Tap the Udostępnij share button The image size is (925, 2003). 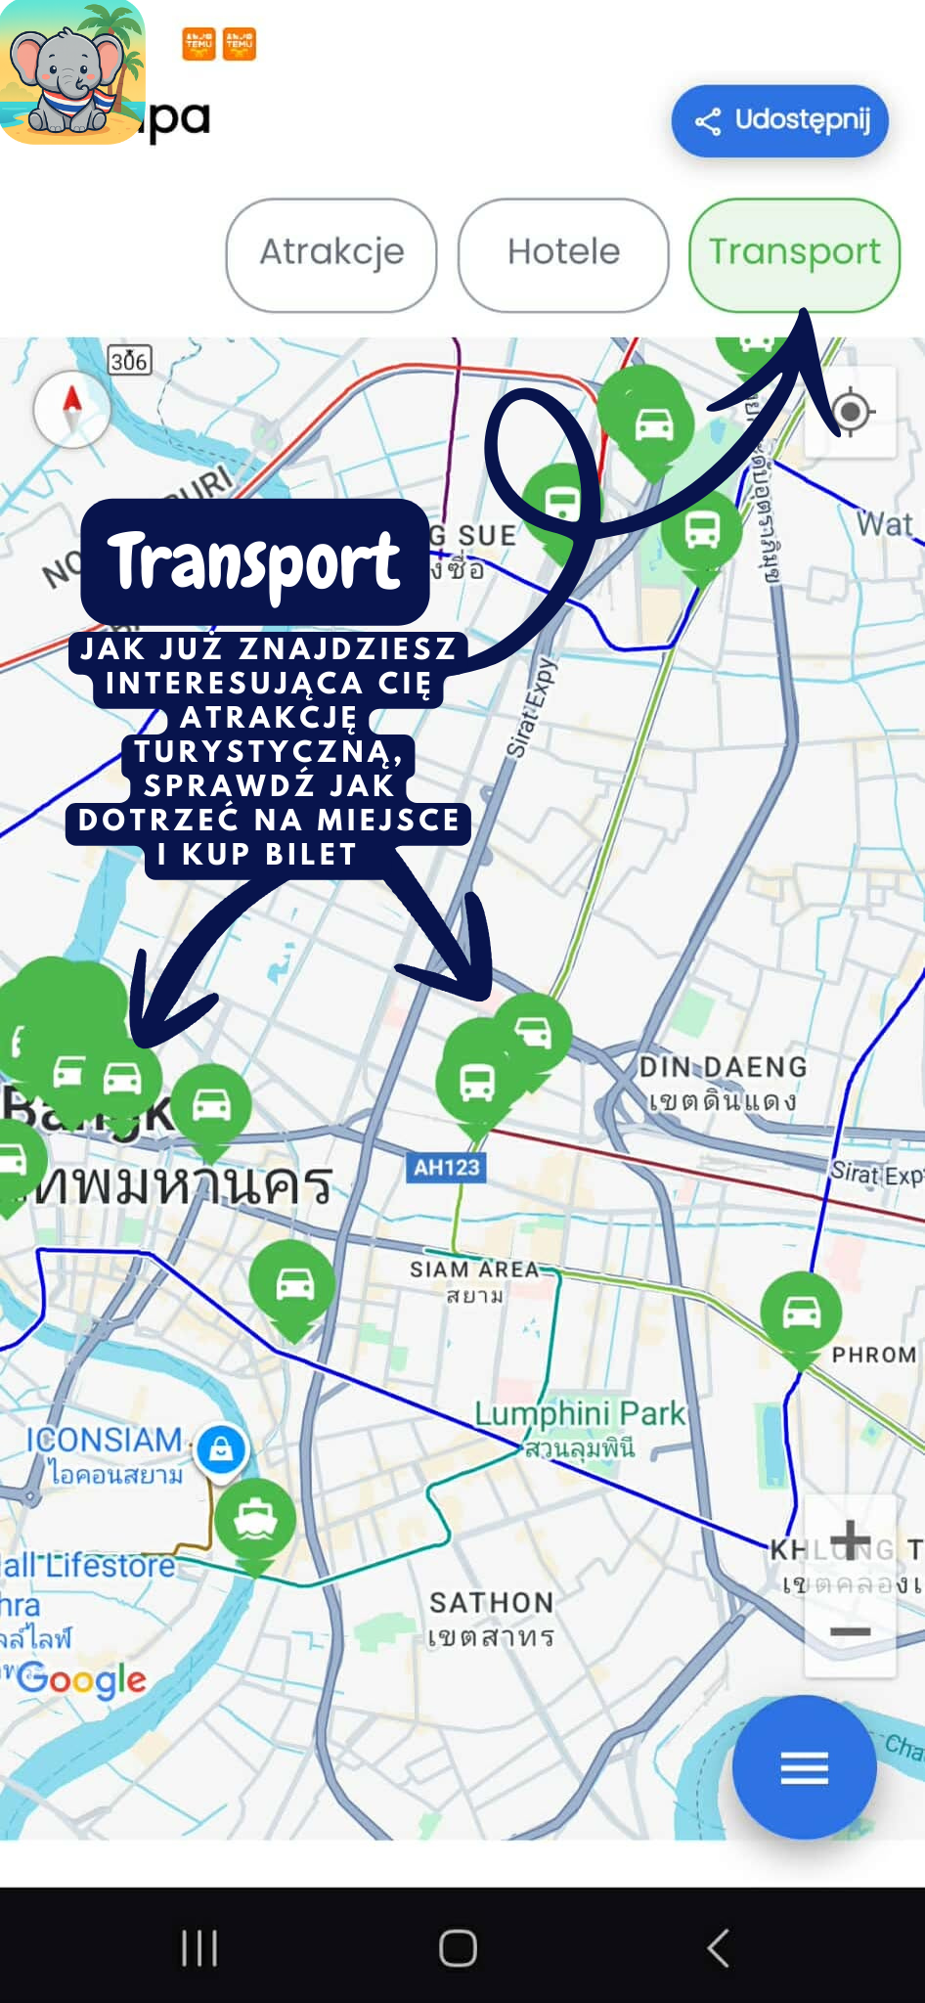tap(779, 120)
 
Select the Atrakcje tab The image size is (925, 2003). tap(331, 253)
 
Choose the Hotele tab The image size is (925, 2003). tap(563, 253)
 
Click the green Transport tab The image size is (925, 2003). tap(794, 253)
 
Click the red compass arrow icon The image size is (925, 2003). tap(71, 407)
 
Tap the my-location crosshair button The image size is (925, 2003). tap(850, 411)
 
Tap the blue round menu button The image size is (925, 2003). tap(804, 1767)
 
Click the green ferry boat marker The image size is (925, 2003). tap(255, 1519)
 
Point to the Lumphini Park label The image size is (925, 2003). tap(580, 1414)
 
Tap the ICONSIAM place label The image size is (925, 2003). tap(105, 1441)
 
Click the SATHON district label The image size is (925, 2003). tap(491, 1602)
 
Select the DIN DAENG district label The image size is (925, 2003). tap(723, 1067)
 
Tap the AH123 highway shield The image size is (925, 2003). tap(447, 1167)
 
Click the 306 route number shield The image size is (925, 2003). tap(129, 362)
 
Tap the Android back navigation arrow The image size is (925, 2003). tap(718, 1947)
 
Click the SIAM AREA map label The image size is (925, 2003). tap(474, 1269)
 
